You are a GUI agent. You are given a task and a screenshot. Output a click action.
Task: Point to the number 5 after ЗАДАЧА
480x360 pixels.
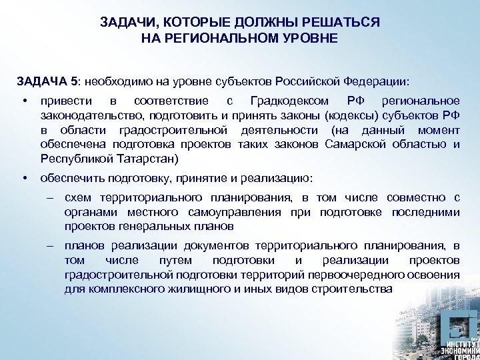[73, 81]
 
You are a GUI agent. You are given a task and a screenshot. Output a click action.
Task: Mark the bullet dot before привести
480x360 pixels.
[24, 101]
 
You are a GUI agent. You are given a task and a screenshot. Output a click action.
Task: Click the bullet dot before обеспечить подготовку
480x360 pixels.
[24, 178]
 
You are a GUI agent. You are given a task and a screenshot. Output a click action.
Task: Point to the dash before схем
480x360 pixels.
[50, 197]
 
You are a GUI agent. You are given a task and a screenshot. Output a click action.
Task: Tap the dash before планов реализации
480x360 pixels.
[50, 245]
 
